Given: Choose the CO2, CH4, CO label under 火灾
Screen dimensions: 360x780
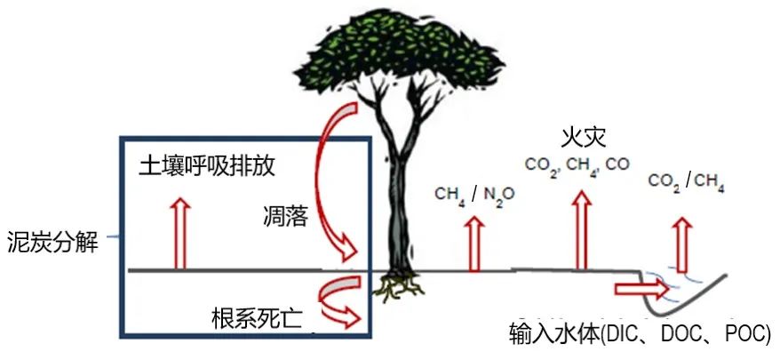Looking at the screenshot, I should [x=577, y=164].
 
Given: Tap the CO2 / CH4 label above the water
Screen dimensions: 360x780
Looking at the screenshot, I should [x=687, y=183].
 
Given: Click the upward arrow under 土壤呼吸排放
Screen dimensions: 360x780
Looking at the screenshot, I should [x=181, y=233].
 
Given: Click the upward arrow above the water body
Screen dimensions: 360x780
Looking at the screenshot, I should [x=681, y=240].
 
